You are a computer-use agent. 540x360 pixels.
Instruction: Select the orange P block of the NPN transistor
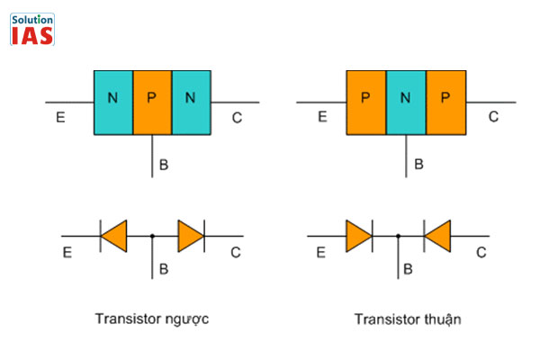151,102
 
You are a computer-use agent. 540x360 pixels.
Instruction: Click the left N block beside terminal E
112,102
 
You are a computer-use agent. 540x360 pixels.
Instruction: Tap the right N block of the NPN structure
190,102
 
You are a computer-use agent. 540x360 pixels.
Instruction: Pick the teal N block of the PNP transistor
406,102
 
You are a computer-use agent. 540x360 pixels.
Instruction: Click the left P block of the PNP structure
366,102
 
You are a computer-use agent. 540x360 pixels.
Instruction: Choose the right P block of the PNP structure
445,102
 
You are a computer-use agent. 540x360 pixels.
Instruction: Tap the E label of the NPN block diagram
59,117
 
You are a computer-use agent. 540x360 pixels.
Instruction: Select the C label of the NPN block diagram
237,117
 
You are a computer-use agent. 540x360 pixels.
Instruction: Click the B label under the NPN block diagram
164,165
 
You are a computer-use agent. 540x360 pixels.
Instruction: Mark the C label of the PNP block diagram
493,117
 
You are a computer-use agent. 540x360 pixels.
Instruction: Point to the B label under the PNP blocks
418,165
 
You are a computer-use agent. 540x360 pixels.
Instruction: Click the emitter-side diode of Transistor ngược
113,237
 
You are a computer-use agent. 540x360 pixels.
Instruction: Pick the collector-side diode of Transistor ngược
191,237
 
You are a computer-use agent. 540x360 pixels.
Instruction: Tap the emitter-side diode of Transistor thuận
358,237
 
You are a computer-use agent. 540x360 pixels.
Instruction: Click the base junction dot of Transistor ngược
152,237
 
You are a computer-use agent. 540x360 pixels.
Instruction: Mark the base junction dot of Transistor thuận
399,237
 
